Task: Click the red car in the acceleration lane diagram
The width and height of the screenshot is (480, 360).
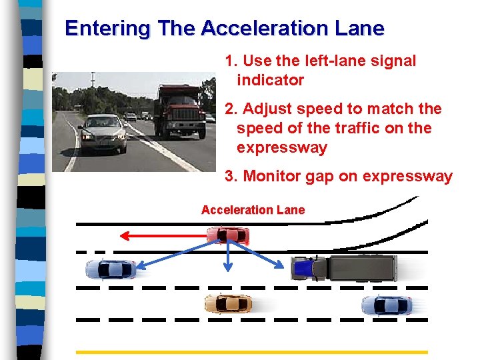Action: pyautogui.click(x=228, y=235)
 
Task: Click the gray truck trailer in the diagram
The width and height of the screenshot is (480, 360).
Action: pyautogui.click(x=363, y=268)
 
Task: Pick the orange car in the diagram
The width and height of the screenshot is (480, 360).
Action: pyautogui.click(x=228, y=304)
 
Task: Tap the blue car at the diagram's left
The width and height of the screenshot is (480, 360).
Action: pyautogui.click(x=111, y=269)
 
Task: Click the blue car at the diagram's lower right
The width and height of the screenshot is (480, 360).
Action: pyautogui.click(x=386, y=305)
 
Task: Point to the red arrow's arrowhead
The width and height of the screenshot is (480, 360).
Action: pyautogui.click(x=124, y=235)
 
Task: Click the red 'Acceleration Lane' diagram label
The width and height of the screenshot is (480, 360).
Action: pyautogui.click(x=253, y=210)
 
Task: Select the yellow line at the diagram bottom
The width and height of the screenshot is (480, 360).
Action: pyautogui.click(x=252, y=351)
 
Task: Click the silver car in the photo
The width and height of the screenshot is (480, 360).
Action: pyautogui.click(x=102, y=131)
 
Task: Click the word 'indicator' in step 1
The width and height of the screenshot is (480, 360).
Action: pyautogui.click(x=271, y=80)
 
